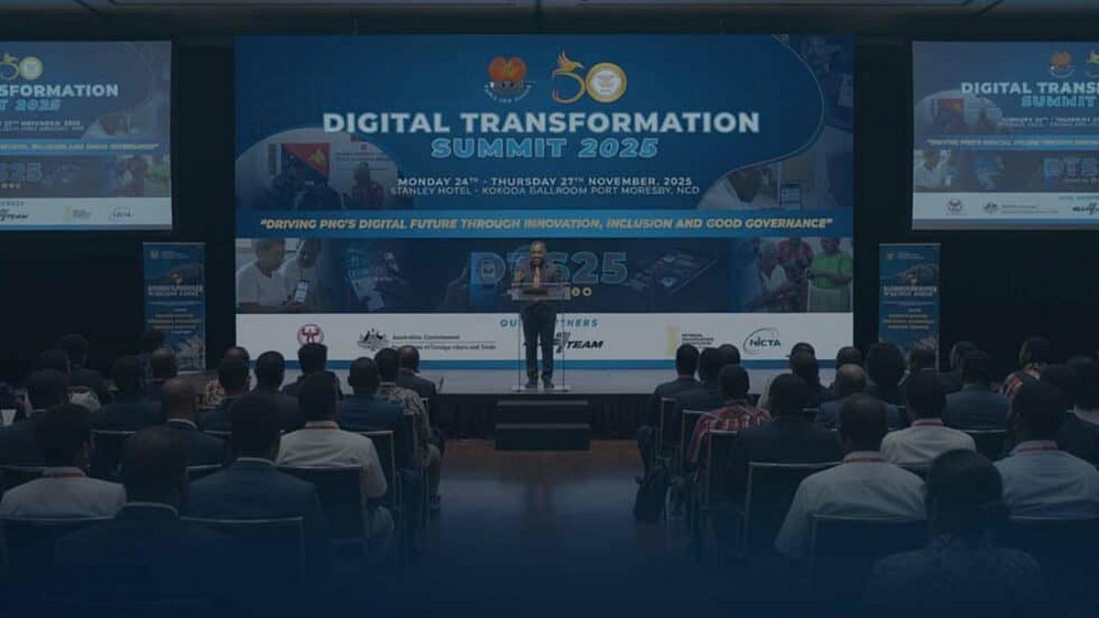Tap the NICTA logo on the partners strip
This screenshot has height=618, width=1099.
click(762, 341)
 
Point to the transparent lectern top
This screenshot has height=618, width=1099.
click(539, 291)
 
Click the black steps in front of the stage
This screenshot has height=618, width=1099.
click(542, 423)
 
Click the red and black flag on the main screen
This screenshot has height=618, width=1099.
click(305, 160)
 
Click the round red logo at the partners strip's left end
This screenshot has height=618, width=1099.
click(310, 335)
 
